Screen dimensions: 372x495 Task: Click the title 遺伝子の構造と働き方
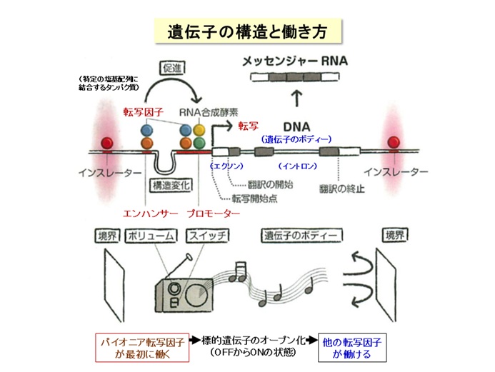(x=247, y=31)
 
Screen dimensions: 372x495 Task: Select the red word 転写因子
(x=143, y=111)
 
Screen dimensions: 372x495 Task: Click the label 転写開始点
(x=255, y=198)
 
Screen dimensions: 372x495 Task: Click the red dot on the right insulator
(x=392, y=142)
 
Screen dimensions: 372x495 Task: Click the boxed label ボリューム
(x=152, y=236)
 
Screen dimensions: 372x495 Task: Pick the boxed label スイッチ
(x=207, y=236)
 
